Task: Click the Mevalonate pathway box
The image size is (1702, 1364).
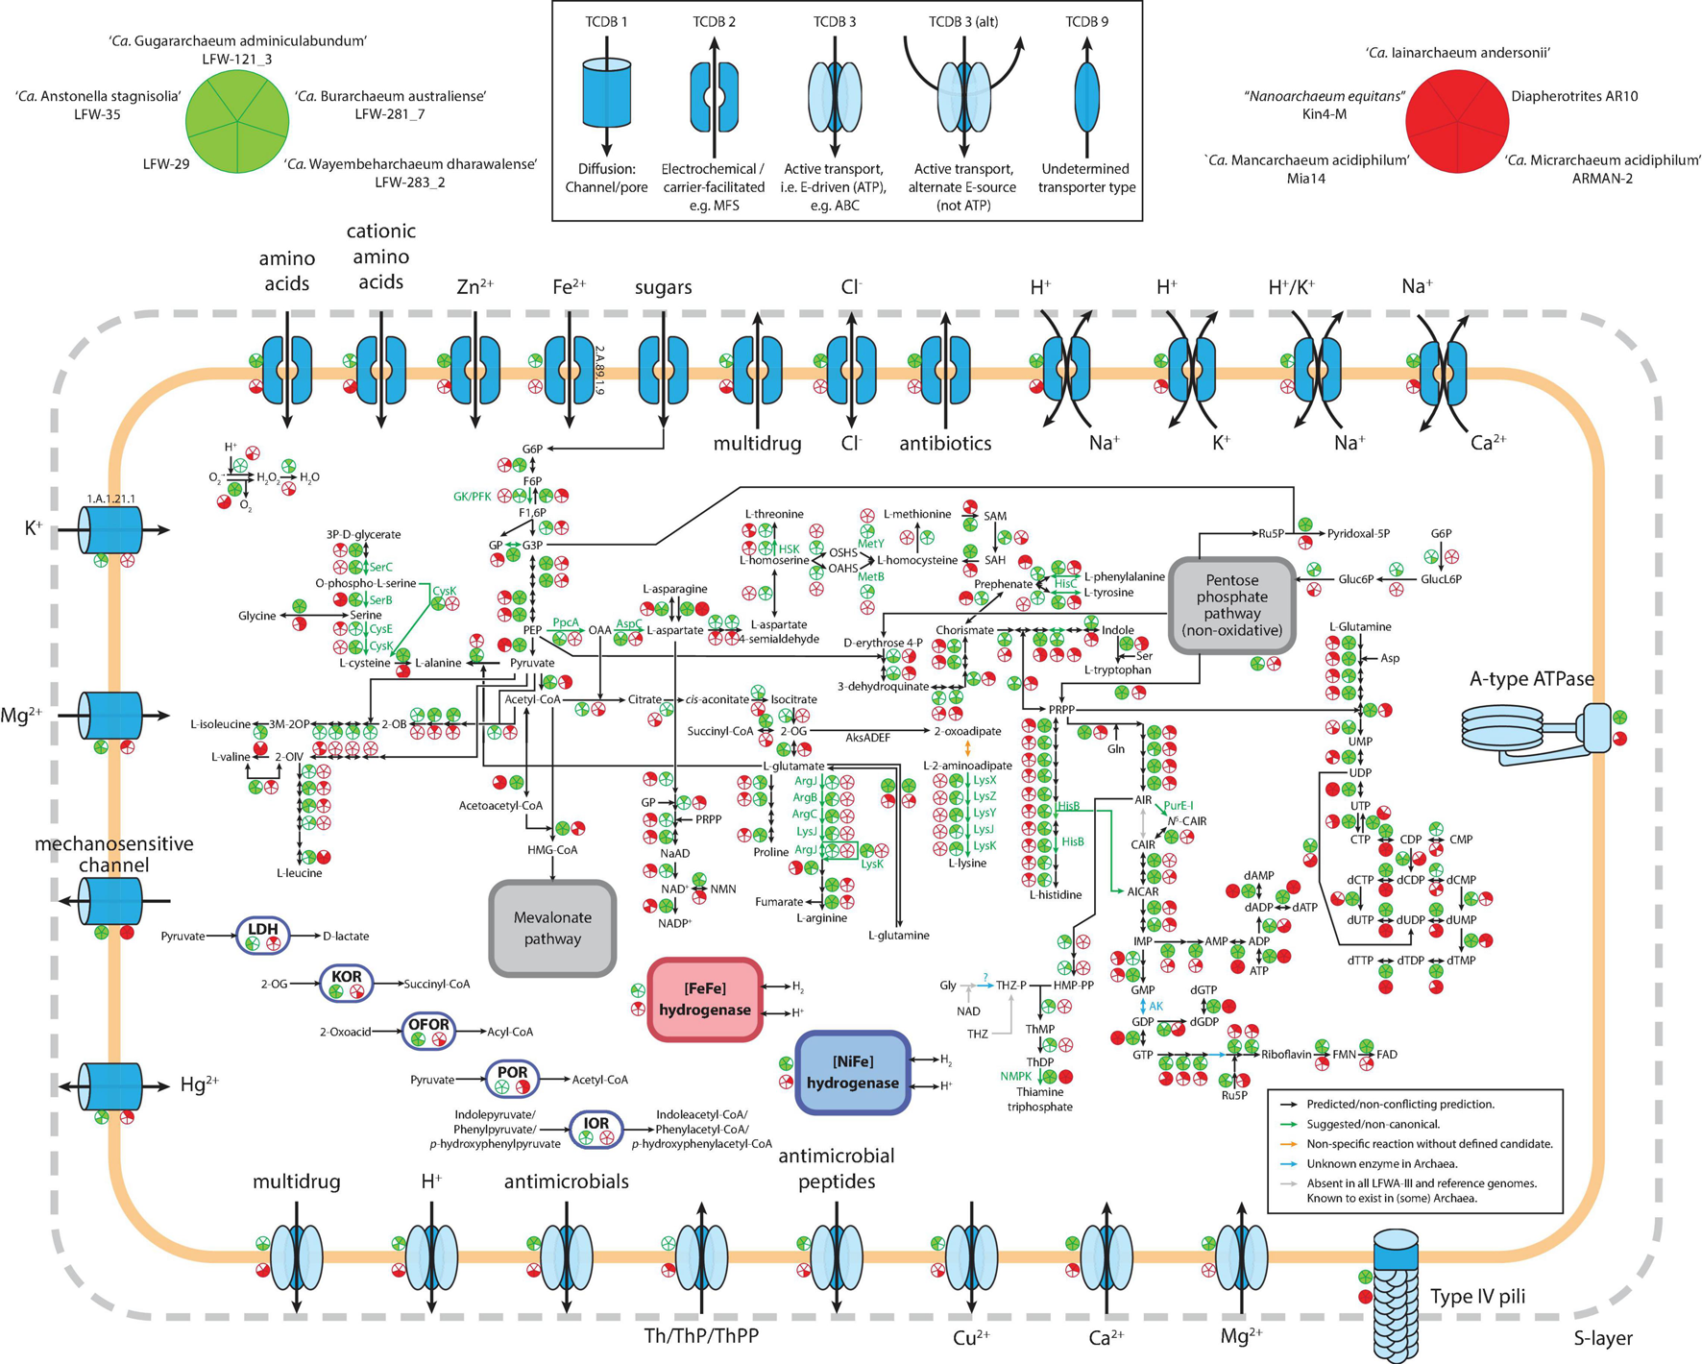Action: [x=552, y=928]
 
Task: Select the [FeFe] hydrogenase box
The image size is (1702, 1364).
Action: [x=705, y=999]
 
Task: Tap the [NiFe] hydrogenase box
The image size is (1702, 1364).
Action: [x=853, y=1072]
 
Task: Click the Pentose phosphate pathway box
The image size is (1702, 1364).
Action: [x=1232, y=605]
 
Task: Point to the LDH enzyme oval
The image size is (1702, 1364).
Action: [x=262, y=936]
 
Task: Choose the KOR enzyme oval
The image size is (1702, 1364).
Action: [x=347, y=983]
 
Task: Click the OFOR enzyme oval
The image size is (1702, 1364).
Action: [x=428, y=1031]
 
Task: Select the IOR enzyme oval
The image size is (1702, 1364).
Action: [x=596, y=1130]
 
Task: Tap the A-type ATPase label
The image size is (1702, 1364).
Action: [x=1531, y=679]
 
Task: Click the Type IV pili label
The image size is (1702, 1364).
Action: [x=1477, y=1297]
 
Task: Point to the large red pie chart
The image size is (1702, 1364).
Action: [x=1456, y=122]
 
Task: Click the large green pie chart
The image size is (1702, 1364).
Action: [x=236, y=122]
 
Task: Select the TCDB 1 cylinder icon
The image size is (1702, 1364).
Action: [x=606, y=93]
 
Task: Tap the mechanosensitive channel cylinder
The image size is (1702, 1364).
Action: [x=109, y=901]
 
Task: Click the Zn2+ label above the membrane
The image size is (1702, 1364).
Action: [x=474, y=286]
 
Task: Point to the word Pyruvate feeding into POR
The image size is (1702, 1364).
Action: [x=432, y=1080]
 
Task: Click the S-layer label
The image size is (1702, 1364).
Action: [x=1603, y=1338]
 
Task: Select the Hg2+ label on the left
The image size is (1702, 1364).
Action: [x=199, y=1084]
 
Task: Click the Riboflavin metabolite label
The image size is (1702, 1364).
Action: [x=1285, y=1055]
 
